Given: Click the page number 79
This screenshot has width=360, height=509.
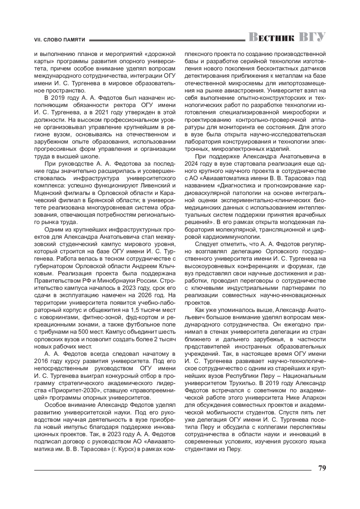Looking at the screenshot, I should coord(322,468).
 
